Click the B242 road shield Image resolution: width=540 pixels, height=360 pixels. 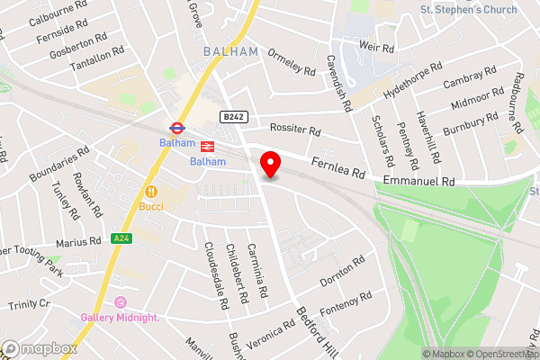tap(233, 117)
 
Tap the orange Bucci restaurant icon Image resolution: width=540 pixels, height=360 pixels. tap(151, 191)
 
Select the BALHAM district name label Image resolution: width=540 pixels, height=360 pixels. tap(230, 52)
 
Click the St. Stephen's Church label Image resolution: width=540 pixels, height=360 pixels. tap(469, 10)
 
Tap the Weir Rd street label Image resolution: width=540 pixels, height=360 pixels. tap(376, 47)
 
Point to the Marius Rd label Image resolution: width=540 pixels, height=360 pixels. tap(78, 241)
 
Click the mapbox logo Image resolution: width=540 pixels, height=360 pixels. tap(38, 347)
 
